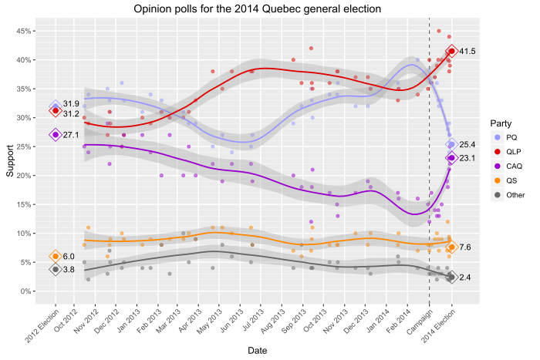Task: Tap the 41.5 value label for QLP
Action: tap(467, 52)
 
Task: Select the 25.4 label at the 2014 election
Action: tap(467, 145)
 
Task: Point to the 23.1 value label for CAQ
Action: tap(467, 158)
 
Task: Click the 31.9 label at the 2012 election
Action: tap(72, 104)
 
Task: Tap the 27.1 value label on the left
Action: tap(72, 135)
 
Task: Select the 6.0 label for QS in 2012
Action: tap(69, 257)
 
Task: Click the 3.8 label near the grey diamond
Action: tap(69, 270)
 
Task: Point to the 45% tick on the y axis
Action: tap(25, 31)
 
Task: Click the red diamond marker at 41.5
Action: tap(452, 52)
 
